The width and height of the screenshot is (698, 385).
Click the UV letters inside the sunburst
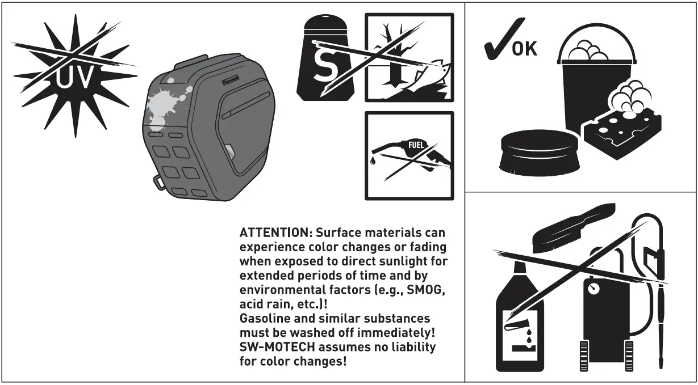[x=74, y=79]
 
